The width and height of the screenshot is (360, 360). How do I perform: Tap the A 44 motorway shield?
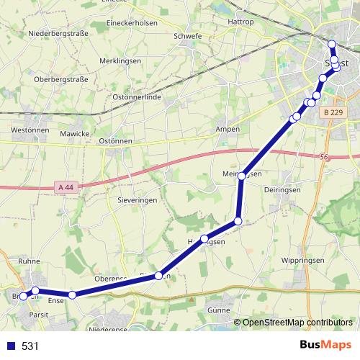click(65, 187)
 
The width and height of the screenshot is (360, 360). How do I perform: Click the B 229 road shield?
click(333, 113)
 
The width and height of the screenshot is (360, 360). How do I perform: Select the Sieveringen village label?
click(136, 201)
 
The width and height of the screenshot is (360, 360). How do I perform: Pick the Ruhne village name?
click(30, 261)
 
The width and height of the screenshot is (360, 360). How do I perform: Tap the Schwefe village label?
click(188, 35)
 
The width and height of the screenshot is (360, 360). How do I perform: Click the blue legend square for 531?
click(11, 346)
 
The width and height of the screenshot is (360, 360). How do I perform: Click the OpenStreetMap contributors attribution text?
click(297, 323)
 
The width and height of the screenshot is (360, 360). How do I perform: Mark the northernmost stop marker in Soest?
click(332, 45)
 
